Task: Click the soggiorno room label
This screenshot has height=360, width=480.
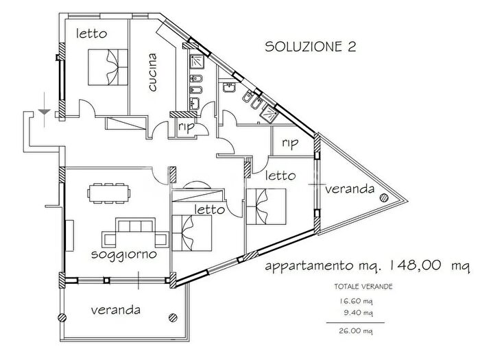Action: pyautogui.click(x=124, y=254)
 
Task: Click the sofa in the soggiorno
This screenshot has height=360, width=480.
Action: pyautogui.click(x=135, y=233)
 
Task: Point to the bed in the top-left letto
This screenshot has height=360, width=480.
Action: pyautogui.click(x=107, y=66)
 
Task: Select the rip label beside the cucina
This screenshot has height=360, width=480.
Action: pyautogui.click(x=184, y=127)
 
